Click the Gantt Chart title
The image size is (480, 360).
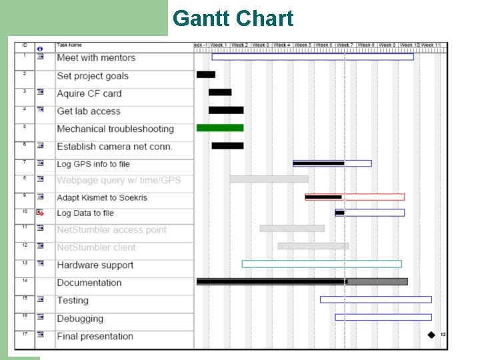pyautogui.click(x=233, y=19)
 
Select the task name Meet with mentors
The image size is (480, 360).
pyautogui.click(x=96, y=58)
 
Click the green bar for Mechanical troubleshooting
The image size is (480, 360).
pyautogui.click(x=220, y=127)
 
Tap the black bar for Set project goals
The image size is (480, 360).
pyautogui.click(x=206, y=75)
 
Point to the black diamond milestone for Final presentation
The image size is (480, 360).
pyautogui.click(x=431, y=335)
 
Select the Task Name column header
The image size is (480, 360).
pyautogui.click(x=69, y=45)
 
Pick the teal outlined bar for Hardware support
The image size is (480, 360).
pyautogui.click(x=321, y=264)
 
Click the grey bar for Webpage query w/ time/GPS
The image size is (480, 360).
pyautogui.click(x=269, y=179)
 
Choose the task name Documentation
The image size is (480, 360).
pyautogui.click(x=89, y=283)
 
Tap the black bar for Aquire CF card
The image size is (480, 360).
pyautogui.click(x=220, y=92)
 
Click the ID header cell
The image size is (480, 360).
pyautogui.click(x=25, y=45)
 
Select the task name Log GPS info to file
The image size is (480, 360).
pyautogui.click(x=93, y=164)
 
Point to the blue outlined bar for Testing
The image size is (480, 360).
pyautogui.click(x=375, y=299)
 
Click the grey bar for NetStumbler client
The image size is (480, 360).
pyautogui.click(x=313, y=246)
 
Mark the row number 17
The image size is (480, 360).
pyautogui.click(x=25, y=333)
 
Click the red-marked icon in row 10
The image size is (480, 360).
pyautogui.click(x=40, y=213)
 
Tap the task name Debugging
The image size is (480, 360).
pyautogui.click(x=80, y=319)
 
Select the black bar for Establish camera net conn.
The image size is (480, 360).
pyautogui.click(x=227, y=145)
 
